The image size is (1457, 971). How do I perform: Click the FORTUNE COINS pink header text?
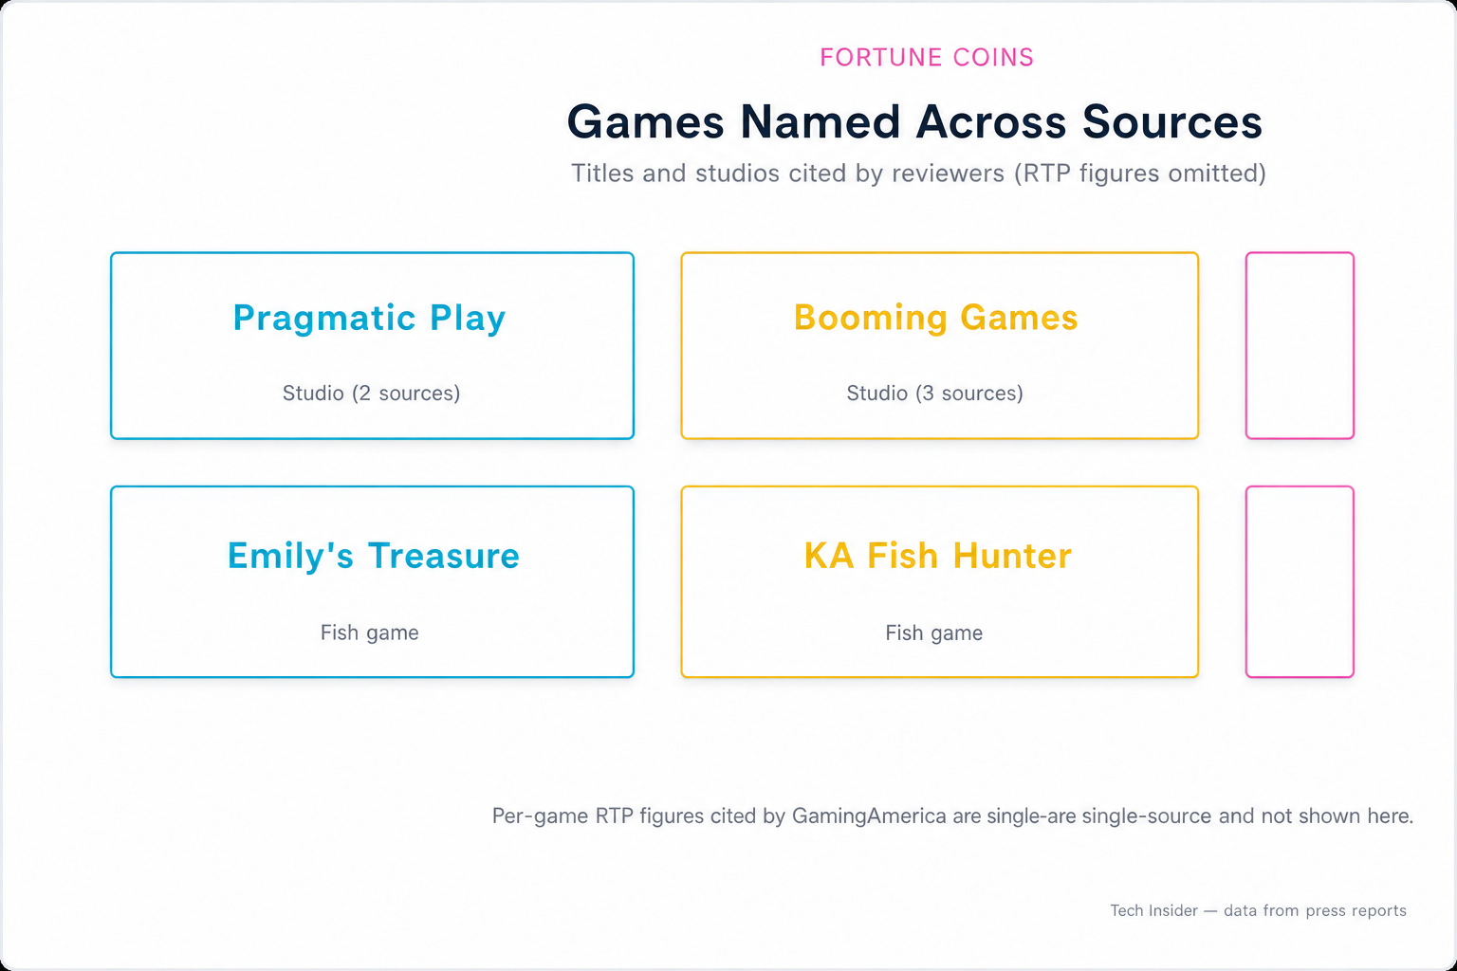pos(926,57)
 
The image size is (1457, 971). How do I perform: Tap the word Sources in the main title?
pos(1172,121)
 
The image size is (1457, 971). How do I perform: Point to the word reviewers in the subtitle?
pos(948,173)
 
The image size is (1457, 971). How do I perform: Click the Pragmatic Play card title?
pos(369,318)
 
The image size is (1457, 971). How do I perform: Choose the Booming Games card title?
pos(936,318)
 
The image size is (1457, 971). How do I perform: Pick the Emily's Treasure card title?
pos(374,556)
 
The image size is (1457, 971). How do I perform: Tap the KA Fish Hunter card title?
pos(938,556)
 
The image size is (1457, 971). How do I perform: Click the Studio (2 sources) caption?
pos(372,393)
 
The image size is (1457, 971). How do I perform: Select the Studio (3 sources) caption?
pos(934,393)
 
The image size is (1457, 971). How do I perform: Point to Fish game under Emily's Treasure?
pos(369,632)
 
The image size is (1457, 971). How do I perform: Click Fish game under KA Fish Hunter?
pos(934,632)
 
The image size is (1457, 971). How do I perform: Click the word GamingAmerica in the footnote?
pos(869,815)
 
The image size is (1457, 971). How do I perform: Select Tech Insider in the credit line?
pos(1153,910)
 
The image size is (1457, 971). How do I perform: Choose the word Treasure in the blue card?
pos(444,556)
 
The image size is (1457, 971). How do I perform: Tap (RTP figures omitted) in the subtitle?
pos(1140,173)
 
